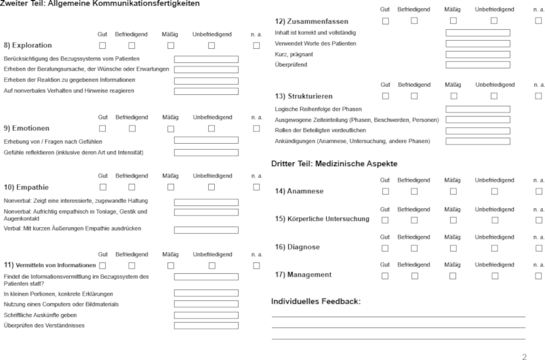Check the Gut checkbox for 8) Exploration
point(103,45)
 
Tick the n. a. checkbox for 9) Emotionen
point(256,128)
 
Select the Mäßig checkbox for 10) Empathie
point(170,187)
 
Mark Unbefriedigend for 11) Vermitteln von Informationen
point(211,265)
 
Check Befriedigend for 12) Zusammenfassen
point(413,21)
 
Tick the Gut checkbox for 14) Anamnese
point(385,191)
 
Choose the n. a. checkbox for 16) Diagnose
point(539,247)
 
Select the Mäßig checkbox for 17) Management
point(452,275)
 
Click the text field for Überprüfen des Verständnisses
point(206,326)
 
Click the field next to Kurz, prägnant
point(477,54)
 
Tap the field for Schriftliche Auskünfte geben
point(206,315)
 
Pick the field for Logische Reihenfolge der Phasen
point(477,109)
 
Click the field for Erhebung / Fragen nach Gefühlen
point(206,140)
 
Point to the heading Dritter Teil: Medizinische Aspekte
point(334,164)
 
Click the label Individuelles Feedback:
point(316,301)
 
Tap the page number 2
point(523,355)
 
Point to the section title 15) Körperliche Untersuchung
point(322,220)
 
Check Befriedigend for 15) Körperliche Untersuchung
point(413,220)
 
